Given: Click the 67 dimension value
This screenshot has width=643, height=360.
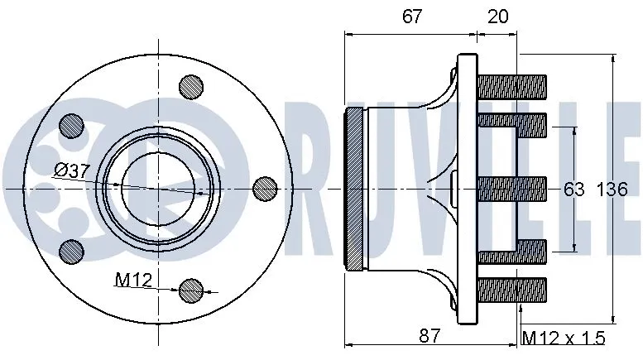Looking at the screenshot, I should (413, 16).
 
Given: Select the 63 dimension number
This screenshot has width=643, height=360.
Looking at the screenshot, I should (573, 190).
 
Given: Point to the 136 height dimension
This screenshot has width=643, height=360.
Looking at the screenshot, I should (612, 190).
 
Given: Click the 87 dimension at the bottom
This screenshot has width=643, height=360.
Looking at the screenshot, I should (429, 335).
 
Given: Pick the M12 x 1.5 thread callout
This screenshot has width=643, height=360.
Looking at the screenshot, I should (564, 338).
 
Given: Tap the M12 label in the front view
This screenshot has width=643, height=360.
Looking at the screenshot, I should (132, 280).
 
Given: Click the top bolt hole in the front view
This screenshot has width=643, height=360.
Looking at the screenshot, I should (191, 85).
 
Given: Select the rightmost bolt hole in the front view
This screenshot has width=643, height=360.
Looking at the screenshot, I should (264, 189).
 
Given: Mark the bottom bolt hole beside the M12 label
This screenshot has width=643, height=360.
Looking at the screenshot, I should (191, 290).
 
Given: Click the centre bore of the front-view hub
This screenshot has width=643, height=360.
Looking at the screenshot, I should (156, 189).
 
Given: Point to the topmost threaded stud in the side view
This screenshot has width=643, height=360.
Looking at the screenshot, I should (512, 85).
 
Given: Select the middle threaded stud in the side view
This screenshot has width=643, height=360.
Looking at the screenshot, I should (512, 189).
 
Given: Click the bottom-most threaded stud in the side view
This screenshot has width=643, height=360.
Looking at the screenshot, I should (512, 290).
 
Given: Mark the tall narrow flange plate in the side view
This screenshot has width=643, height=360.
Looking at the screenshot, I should (468, 189).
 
